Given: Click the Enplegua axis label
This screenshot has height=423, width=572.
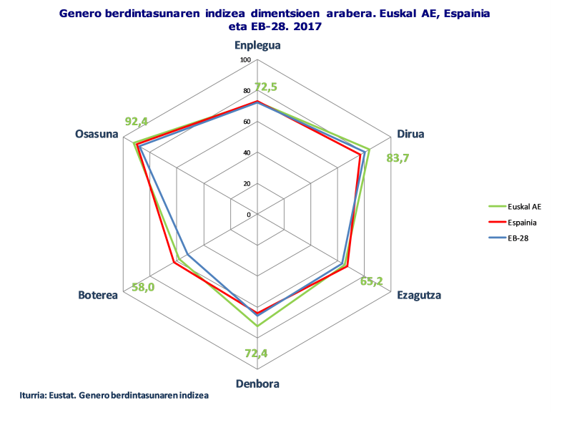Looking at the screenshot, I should [x=257, y=45].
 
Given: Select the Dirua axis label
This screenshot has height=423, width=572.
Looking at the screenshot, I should [x=410, y=134].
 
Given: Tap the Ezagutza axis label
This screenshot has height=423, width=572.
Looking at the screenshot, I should [x=419, y=295].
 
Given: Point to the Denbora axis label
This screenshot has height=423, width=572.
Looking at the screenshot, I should [x=257, y=383].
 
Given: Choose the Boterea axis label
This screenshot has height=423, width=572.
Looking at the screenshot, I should [x=98, y=296].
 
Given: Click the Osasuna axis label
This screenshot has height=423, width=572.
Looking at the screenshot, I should [x=97, y=134].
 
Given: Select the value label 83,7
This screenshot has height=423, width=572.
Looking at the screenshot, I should [x=398, y=158].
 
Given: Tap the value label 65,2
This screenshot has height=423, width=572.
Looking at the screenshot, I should [x=371, y=281].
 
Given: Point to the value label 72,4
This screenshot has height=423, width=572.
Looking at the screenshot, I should [x=256, y=353].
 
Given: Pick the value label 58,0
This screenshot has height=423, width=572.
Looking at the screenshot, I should [x=143, y=287].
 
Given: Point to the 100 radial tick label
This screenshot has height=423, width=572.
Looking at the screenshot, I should [x=246, y=60].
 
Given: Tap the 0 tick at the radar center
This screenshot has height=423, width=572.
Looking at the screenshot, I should [x=249, y=215].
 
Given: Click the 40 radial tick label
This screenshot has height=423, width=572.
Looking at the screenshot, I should [x=247, y=153].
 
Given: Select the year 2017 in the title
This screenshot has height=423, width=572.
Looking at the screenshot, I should [x=308, y=26].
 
